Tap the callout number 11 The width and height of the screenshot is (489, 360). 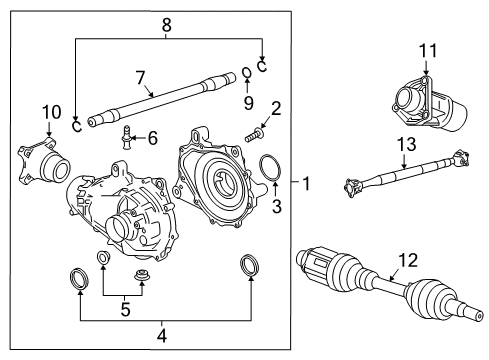(429, 50)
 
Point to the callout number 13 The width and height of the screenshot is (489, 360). (404, 144)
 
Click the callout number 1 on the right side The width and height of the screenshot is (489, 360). (306, 185)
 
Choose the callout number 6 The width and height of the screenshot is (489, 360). (152, 137)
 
